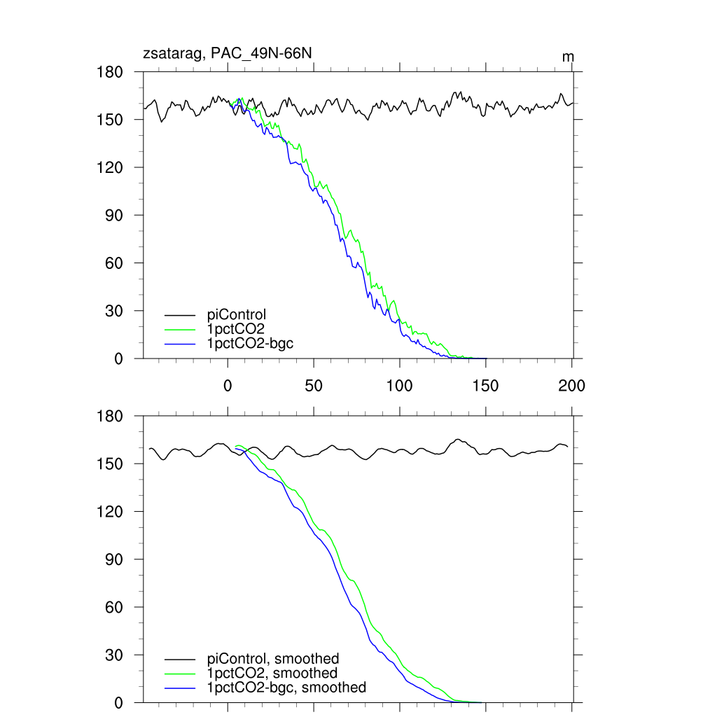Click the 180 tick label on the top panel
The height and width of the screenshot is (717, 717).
coord(109,72)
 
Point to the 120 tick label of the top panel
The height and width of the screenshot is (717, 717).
coord(109,168)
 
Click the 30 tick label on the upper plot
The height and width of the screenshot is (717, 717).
coord(114,311)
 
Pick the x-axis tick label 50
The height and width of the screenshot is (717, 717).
coord(314,386)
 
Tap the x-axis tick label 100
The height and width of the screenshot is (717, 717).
coord(400,386)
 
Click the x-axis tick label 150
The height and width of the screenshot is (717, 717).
coord(486,386)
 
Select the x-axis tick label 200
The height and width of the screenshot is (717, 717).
coord(572,386)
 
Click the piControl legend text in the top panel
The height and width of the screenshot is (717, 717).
coord(237,314)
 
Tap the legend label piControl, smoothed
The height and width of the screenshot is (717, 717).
coord(273,659)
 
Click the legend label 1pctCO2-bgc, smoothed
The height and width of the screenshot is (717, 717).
coord(287,688)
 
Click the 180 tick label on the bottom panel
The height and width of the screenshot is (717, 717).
coord(109,417)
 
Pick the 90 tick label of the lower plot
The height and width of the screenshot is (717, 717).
coord(114,559)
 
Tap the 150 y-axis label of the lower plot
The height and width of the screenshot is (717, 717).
coord(109,464)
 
